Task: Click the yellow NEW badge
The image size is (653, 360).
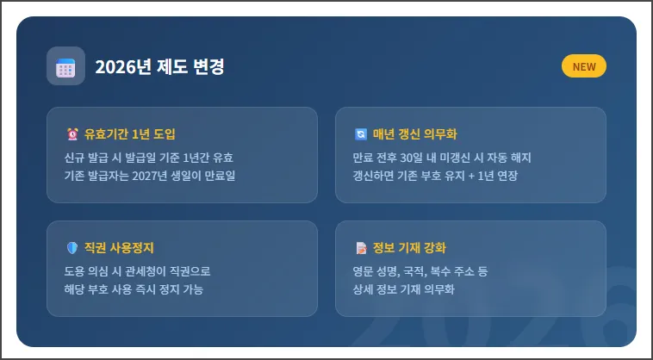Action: point(583,66)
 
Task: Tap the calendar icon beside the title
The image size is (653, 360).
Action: point(65,66)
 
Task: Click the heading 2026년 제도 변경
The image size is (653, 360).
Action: point(159,67)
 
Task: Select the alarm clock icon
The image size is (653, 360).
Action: point(72,134)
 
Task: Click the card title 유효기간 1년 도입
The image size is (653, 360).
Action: point(130,134)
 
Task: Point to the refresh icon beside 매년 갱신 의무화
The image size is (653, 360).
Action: point(360,134)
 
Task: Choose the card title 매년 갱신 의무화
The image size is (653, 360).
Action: point(415,134)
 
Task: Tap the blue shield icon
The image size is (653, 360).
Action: point(72,248)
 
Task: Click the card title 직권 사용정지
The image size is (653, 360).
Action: point(119,248)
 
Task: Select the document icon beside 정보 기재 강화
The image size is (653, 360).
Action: point(360,248)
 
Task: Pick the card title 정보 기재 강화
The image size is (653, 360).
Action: point(409,248)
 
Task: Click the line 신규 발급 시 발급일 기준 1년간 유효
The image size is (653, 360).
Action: point(149,158)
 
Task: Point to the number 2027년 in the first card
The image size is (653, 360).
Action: point(151,176)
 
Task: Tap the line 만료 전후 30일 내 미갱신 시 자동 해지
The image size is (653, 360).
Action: point(442,158)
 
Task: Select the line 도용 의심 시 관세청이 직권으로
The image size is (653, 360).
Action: point(138,271)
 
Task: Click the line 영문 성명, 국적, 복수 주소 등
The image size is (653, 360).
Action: point(420,271)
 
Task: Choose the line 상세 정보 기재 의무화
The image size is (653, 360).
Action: point(403,289)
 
